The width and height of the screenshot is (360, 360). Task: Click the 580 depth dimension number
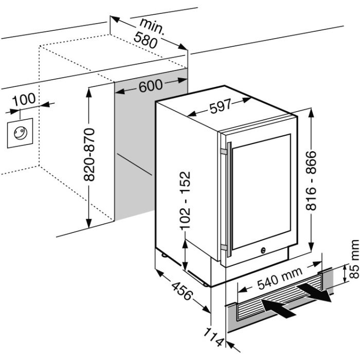[x=146, y=40]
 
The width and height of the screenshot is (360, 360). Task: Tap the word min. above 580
[x=152, y=26]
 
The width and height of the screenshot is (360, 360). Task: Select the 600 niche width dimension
[x=151, y=86]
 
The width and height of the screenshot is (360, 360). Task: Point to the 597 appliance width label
[x=221, y=106]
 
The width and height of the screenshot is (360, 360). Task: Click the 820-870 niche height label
[x=89, y=154]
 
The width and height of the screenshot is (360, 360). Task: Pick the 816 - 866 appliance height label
[x=311, y=181]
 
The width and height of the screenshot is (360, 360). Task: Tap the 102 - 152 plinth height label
[x=185, y=201]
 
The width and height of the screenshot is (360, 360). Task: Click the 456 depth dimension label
[x=182, y=291]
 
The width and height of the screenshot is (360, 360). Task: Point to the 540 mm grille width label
[x=280, y=278]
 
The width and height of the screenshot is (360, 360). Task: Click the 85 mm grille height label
[x=354, y=259]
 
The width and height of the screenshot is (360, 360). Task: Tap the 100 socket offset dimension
[x=24, y=99]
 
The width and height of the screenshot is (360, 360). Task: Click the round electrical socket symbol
[x=21, y=133]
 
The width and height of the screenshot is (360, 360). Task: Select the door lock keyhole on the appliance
[x=263, y=250]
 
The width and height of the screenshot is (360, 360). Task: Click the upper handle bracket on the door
[x=223, y=152]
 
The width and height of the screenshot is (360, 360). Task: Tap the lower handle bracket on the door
[x=223, y=247]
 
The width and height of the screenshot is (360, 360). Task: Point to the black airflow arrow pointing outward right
[x=315, y=292]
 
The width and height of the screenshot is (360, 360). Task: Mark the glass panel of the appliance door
[x=261, y=192]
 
